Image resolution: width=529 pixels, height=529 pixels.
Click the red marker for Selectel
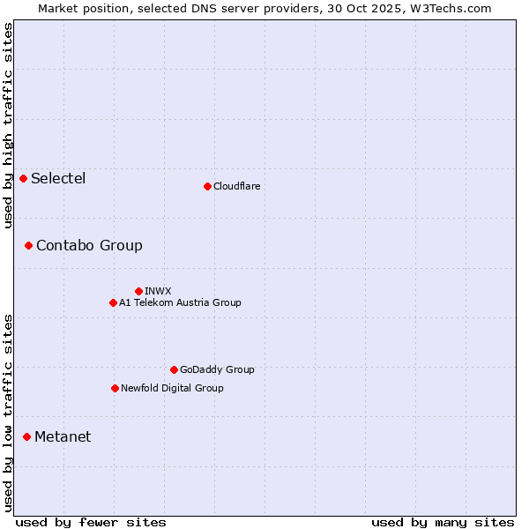point(24,179)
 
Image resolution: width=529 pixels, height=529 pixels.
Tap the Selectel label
point(58,179)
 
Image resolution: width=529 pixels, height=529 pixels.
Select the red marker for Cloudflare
point(207,186)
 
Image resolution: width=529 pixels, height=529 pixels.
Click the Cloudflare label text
point(236,186)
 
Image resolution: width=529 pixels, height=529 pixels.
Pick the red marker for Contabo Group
point(28,245)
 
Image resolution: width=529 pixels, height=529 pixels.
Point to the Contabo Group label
point(89,245)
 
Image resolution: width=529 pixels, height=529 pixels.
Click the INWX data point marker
point(138,291)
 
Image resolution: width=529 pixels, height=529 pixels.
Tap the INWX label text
point(158,291)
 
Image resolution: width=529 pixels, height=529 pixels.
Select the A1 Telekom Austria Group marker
point(113,302)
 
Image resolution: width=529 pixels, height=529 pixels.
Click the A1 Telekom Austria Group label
point(180,302)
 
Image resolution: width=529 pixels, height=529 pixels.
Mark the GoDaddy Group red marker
point(174,369)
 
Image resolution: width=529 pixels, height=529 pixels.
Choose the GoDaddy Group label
point(217,369)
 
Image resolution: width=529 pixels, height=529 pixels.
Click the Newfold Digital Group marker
point(115,388)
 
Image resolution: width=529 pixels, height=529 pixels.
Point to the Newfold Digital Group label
point(172,388)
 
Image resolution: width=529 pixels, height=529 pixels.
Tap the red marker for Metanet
point(26,436)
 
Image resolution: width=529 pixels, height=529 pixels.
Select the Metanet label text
point(63,436)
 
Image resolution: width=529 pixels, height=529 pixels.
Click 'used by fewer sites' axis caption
point(91,522)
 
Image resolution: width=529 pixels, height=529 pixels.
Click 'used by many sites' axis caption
point(443,522)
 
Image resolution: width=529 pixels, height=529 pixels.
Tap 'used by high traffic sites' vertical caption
point(8,125)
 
